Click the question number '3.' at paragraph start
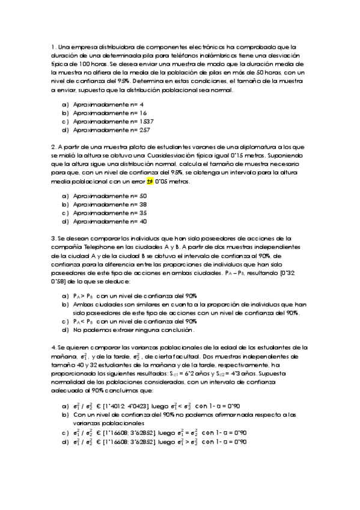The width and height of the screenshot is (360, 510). (53, 238)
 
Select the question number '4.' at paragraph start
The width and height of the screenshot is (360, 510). (53, 348)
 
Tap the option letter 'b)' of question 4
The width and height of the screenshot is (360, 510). (65, 415)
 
